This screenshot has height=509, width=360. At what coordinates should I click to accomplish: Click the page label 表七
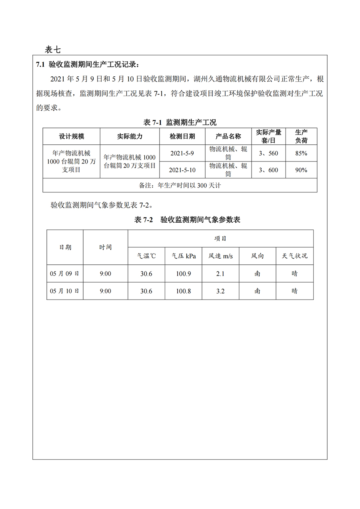point(53,50)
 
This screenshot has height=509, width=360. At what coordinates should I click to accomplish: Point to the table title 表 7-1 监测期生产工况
point(180,122)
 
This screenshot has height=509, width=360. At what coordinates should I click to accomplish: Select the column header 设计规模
point(72,136)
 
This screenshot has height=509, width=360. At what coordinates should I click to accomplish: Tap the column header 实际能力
point(130,136)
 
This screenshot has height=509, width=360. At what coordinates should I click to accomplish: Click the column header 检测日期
point(182,136)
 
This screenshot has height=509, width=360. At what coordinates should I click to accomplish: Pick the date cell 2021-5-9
point(182,153)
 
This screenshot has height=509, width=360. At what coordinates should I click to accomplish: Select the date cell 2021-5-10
point(182,170)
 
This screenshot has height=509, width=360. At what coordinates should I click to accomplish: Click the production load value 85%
point(301,153)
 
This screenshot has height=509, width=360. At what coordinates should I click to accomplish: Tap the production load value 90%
point(301,170)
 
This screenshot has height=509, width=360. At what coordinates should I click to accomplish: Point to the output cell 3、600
point(268,170)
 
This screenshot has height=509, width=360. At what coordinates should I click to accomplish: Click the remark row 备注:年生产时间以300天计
point(180,186)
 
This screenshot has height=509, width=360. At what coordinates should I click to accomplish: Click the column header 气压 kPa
point(184,256)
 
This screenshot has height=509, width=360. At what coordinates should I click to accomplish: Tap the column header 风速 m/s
point(220,256)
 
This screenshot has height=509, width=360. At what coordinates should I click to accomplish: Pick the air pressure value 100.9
point(184,274)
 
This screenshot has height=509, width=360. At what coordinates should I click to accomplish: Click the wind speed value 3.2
point(220,291)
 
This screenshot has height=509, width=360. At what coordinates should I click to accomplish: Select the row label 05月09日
point(65,274)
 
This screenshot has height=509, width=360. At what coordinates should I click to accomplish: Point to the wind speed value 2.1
point(220,274)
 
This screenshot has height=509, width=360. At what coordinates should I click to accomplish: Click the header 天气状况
point(295,256)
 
